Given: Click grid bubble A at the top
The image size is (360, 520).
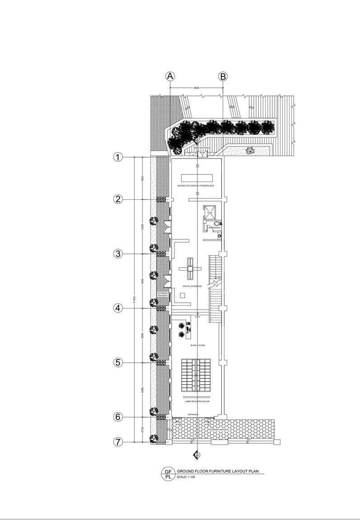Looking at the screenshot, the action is click(170, 76).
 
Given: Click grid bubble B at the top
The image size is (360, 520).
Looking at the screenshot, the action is click(223, 76).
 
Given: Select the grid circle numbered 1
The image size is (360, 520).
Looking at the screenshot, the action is click(118, 157).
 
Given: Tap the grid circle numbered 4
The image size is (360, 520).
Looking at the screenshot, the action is click(118, 308).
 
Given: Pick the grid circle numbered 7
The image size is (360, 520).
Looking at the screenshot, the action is click(118, 442).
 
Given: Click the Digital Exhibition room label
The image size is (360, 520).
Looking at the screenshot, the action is click(193, 286).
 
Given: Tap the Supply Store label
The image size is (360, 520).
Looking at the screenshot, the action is click(197, 345).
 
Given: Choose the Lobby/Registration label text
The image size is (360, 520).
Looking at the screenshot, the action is click(197, 401).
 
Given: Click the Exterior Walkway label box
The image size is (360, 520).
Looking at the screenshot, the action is click(163, 295).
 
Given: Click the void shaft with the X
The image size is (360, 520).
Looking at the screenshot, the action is click(210, 211).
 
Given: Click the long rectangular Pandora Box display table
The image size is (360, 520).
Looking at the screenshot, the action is click(196, 176).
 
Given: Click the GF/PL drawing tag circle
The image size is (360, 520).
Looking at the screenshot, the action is click(168, 473).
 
